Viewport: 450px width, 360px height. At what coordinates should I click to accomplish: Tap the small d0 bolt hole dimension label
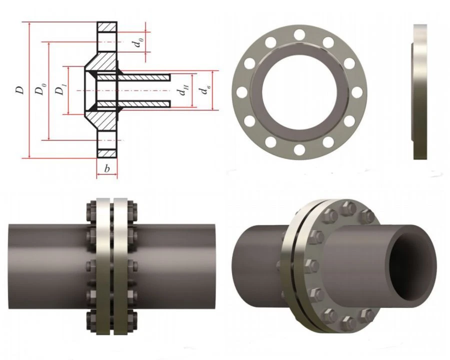tap(136, 42)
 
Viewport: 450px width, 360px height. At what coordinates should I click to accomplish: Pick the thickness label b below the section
tap(106, 169)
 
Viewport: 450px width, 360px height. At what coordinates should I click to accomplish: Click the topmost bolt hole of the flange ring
tap(299, 34)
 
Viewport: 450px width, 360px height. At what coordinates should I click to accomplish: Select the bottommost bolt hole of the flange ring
tap(299, 149)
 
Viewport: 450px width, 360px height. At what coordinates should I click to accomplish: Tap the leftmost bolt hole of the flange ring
tap(242, 92)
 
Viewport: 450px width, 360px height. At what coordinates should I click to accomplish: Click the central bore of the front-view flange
tap(299, 92)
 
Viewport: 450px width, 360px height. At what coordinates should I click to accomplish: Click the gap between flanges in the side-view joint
tap(111, 262)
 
